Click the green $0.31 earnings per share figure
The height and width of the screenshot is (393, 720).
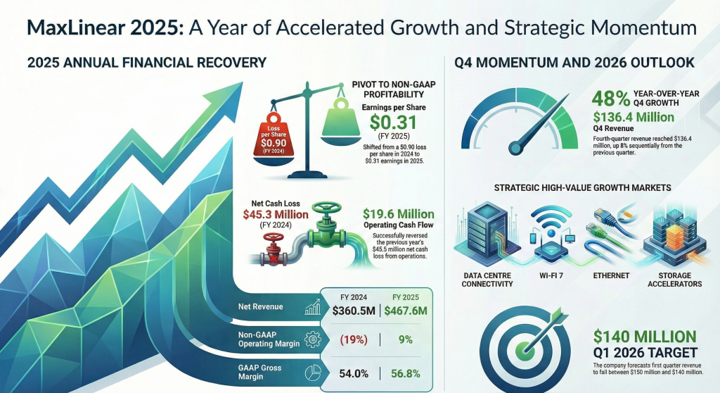click(x=394, y=123)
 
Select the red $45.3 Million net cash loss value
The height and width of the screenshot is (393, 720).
click(x=276, y=214)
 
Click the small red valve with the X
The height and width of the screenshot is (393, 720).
click(x=274, y=249)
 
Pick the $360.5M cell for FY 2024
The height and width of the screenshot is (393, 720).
click(x=354, y=311)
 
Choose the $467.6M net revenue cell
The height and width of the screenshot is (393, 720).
click(x=406, y=311)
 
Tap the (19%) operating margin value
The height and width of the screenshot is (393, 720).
click(x=354, y=339)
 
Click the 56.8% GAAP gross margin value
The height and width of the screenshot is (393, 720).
click(x=406, y=373)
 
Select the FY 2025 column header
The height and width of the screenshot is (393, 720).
click(x=406, y=297)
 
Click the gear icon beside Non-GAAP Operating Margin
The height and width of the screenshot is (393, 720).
click(x=313, y=339)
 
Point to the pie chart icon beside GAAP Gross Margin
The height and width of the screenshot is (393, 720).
click(x=313, y=373)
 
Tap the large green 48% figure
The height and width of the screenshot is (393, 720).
click(x=611, y=99)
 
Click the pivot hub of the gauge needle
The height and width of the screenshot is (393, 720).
click(x=515, y=148)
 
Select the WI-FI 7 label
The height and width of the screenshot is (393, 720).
click(x=551, y=275)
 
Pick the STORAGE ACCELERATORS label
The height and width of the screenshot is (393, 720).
click(x=674, y=280)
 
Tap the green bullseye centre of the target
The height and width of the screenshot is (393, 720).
click(x=525, y=351)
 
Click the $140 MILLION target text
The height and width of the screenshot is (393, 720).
click(x=645, y=337)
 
